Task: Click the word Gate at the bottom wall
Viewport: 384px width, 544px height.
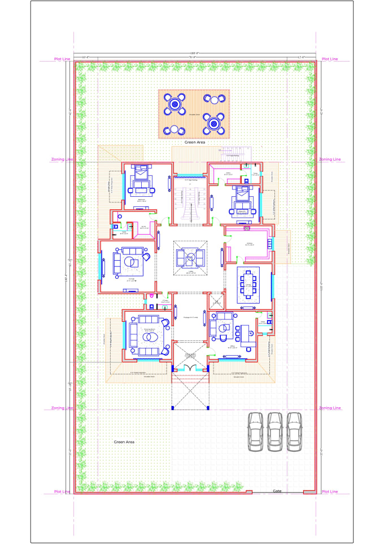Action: (277, 491)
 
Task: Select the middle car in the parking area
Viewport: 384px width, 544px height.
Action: (275, 431)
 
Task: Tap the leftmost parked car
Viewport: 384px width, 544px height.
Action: (256, 431)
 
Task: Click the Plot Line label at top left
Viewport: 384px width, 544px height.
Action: (62, 59)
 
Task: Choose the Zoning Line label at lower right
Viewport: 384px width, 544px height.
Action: (329, 408)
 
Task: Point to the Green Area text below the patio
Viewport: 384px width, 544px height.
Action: (194, 143)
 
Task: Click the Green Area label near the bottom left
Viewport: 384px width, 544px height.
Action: (124, 442)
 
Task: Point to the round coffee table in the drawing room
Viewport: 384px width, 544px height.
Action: (150, 338)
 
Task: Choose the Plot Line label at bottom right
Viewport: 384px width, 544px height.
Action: (329, 492)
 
